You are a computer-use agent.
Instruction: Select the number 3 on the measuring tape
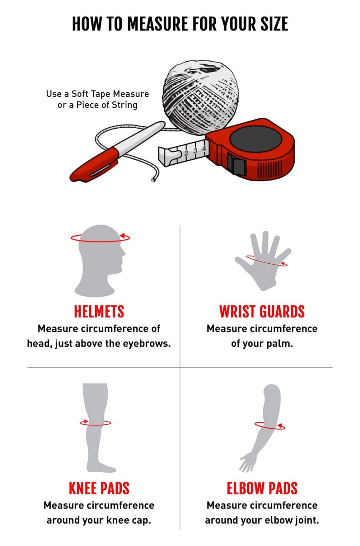point(195,151)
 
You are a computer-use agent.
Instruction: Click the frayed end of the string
point(153,180)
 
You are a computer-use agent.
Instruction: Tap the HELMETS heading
point(99,312)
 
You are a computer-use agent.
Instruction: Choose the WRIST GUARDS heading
point(262,312)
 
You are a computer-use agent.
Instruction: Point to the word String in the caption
point(124,105)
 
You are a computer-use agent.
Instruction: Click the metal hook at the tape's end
point(168,156)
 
